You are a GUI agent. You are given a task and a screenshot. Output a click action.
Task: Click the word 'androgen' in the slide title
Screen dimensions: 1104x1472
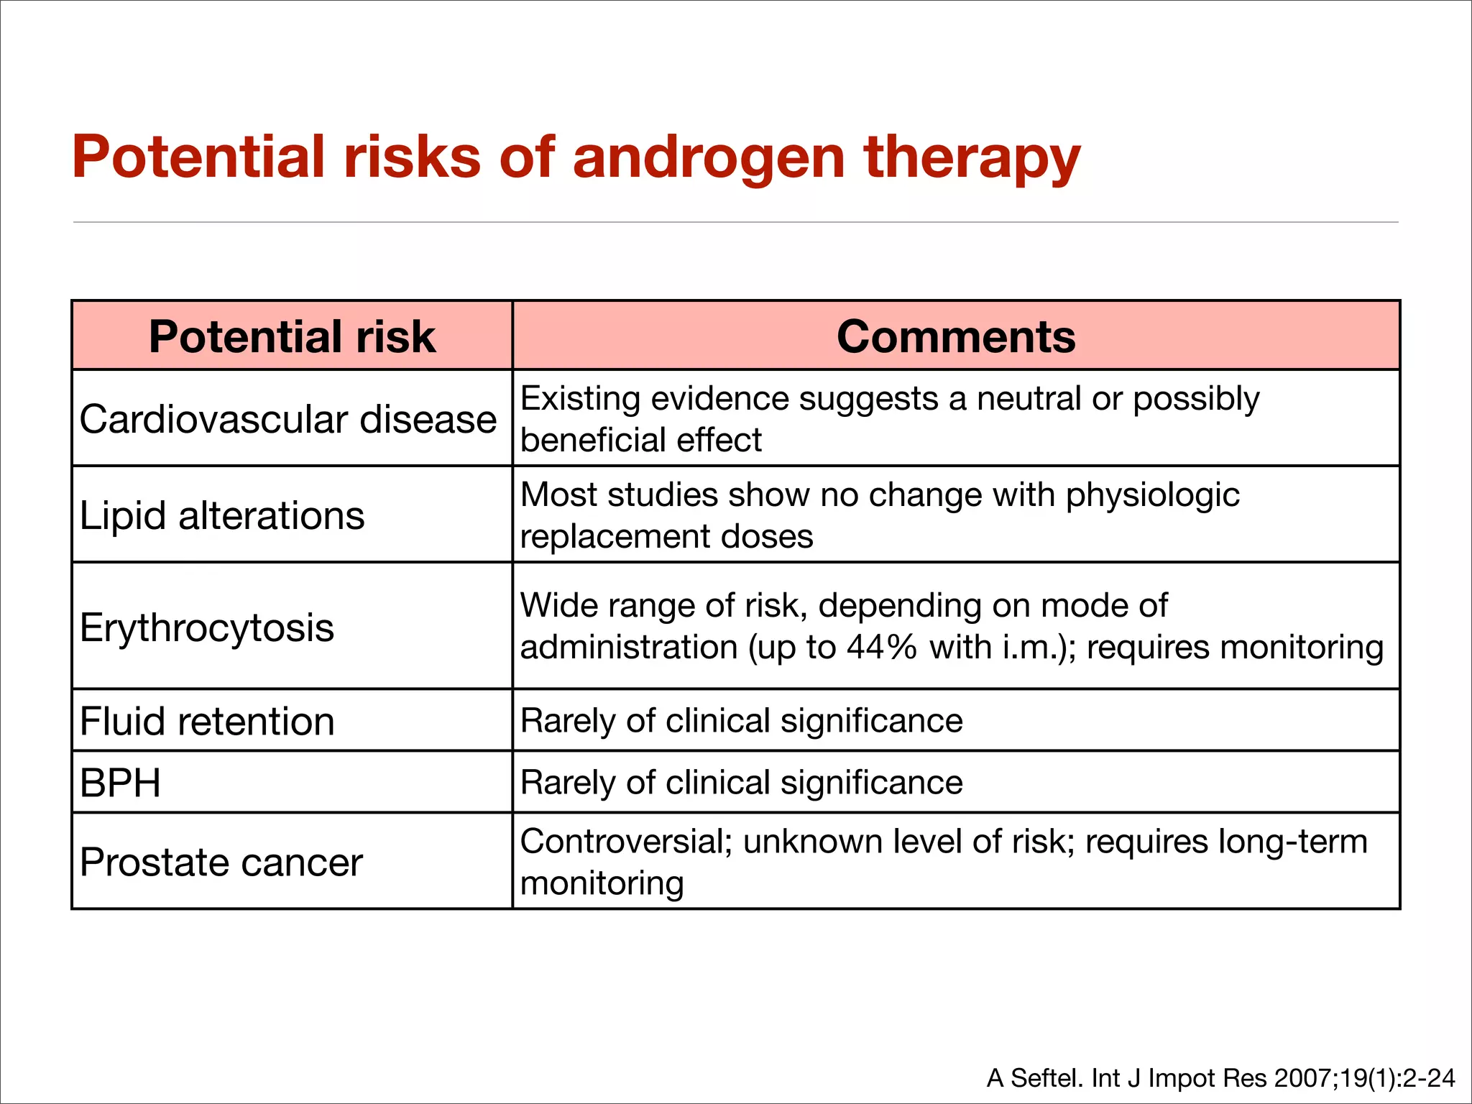(709, 158)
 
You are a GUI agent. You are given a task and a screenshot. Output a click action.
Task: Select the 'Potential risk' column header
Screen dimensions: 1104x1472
(292, 336)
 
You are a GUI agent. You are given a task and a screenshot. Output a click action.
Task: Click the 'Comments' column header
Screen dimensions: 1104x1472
(956, 336)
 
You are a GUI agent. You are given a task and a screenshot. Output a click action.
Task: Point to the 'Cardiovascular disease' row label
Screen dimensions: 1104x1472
(287, 419)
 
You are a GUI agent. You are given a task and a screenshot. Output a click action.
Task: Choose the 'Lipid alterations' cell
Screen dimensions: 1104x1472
(222, 515)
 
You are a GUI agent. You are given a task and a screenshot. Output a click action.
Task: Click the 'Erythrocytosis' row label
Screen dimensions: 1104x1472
(207, 627)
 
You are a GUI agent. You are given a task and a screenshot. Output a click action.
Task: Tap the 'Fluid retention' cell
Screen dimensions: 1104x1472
(207, 721)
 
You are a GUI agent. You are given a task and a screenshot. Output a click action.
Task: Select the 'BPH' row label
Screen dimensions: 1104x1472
(120, 783)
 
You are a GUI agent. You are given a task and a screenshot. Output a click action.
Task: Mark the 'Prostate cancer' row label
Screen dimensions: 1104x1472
(221, 862)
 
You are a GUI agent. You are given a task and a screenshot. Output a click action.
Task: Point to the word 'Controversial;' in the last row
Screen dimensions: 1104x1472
(626, 841)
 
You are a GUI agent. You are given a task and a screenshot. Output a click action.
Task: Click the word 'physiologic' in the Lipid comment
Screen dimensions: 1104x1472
(1153, 495)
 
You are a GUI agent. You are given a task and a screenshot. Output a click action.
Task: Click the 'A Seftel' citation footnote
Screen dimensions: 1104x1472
(1220, 1078)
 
